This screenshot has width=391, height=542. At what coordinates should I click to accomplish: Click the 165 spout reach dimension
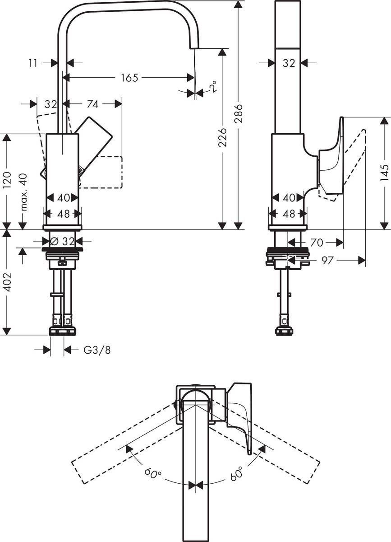point(129,78)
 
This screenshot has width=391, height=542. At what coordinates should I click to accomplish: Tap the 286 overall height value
point(239,114)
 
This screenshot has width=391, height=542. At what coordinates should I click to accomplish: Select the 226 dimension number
point(222,137)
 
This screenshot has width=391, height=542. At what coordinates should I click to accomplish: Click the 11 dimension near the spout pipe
point(33,63)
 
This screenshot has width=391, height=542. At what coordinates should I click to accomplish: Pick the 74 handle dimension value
point(92,104)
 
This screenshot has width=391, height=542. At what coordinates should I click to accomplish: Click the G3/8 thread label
point(97,350)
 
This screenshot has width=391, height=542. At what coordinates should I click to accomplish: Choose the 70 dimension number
point(317,243)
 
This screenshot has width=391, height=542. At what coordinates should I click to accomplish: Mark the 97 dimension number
point(328,260)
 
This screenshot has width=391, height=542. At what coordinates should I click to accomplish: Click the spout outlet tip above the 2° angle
point(193,44)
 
